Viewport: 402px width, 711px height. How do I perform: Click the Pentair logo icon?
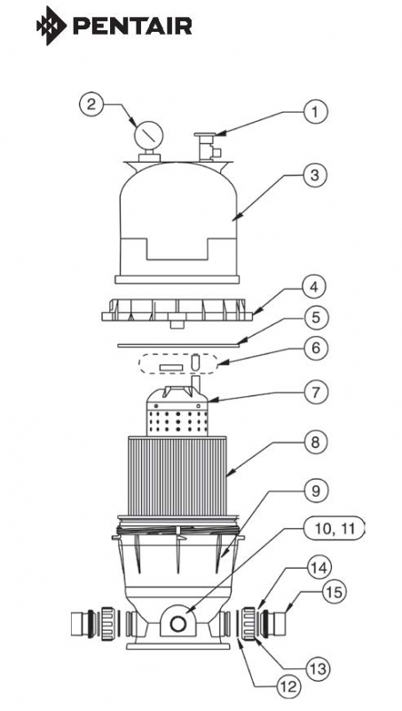[51, 26]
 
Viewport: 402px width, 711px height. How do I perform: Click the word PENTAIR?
[132, 27]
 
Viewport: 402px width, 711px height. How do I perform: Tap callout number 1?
[315, 112]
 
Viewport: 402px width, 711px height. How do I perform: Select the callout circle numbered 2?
[91, 104]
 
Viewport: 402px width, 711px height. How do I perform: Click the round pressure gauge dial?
[148, 135]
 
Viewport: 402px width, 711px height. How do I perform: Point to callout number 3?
[315, 175]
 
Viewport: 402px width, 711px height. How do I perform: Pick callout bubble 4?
[315, 287]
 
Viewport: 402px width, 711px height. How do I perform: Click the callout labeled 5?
[315, 317]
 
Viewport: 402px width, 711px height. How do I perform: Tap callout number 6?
[315, 348]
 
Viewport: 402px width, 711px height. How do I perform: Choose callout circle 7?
[315, 392]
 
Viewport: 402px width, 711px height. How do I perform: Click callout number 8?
[315, 442]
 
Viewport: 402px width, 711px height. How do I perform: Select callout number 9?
[315, 491]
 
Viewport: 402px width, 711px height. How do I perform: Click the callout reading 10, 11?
[333, 528]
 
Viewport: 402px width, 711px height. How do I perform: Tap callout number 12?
[288, 686]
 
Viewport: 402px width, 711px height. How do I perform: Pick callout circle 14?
[319, 568]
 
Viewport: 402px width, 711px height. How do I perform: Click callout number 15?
[333, 592]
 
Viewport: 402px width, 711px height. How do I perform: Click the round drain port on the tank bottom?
[177, 624]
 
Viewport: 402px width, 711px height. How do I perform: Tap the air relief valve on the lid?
[208, 147]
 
